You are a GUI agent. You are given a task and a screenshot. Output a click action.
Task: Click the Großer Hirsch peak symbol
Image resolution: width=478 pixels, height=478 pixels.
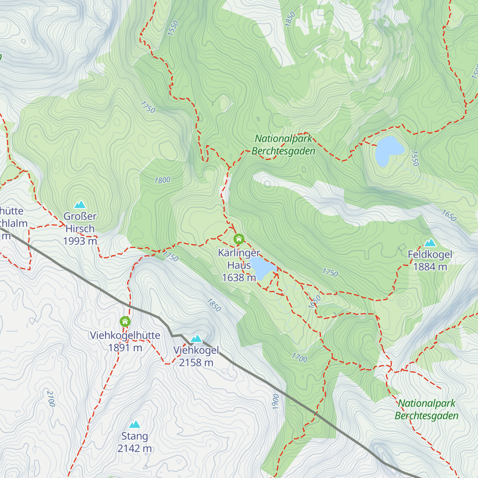coord(80,205)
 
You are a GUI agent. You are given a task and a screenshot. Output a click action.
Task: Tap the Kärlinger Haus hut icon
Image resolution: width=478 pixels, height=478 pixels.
coord(239,239)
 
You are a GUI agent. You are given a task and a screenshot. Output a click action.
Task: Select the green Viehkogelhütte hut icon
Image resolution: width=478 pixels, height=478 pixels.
coord(125,321)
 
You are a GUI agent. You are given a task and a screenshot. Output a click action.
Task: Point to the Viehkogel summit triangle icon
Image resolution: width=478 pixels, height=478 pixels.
coord(196,339)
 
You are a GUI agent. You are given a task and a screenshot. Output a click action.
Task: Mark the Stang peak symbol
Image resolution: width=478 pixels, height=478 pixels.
coord(135,425)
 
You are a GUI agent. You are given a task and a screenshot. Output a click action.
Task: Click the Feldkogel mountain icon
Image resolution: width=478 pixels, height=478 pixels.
coord(430,243)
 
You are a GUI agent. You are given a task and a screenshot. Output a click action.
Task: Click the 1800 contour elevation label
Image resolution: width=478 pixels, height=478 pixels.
coord(162,180)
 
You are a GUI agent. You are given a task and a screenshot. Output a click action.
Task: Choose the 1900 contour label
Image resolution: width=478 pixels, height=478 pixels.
coord(275,402)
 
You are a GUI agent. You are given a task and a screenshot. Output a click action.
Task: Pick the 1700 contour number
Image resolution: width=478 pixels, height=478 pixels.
coord(299,358)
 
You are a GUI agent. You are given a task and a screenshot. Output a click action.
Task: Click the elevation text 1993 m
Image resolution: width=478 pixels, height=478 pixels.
coord(80,241)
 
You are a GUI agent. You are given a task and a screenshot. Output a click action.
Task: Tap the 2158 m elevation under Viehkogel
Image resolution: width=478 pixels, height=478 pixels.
coord(196,362)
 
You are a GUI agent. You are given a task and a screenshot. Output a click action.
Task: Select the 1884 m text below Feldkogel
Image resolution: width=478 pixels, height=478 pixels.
coord(430,267)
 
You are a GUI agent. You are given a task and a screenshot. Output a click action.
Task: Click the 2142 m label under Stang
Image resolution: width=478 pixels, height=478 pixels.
coord(135,449)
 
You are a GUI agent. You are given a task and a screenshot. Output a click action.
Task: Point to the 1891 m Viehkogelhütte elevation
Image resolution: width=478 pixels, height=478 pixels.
coord(125,348)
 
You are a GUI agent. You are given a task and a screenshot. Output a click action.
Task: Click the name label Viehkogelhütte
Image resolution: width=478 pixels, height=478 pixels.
coord(125,335)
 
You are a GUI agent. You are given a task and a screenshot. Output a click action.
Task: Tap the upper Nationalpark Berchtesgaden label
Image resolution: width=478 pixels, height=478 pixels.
coord(283,145)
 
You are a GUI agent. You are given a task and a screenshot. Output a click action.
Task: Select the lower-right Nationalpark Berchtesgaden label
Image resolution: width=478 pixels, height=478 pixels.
coord(426,409)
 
